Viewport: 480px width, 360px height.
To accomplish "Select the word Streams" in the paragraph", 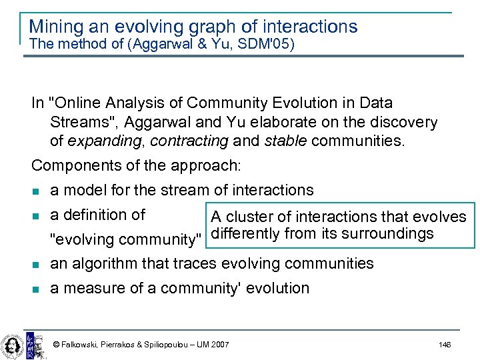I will click(x=80, y=123).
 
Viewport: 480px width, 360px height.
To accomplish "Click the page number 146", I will click(x=445, y=345).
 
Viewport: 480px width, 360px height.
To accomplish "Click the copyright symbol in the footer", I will click(x=56, y=345).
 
